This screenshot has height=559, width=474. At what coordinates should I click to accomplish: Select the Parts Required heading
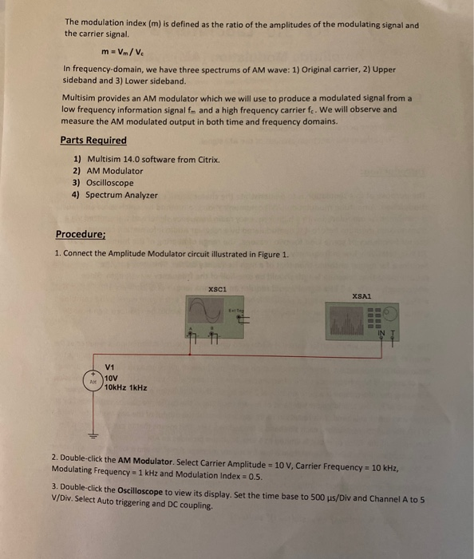pyautogui.click(x=93, y=141)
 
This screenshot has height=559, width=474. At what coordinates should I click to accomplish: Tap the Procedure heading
pyautogui.click(x=81, y=234)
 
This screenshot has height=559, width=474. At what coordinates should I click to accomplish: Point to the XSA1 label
pyautogui.click(x=361, y=295)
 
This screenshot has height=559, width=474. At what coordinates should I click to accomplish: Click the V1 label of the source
pyautogui.click(x=110, y=367)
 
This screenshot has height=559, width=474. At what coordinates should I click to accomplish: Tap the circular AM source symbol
pyautogui.click(x=93, y=381)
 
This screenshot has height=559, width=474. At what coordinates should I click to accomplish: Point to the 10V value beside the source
pyautogui.click(x=112, y=377)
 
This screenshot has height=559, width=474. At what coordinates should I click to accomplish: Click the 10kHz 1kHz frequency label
pyautogui.click(x=125, y=387)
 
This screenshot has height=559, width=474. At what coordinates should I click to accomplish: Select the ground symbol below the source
pyautogui.click(x=93, y=436)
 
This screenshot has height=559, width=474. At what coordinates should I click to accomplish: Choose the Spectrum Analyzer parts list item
pyautogui.click(x=121, y=195)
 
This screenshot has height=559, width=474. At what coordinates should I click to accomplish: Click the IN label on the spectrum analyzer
pyautogui.click(x=381, y=333)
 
